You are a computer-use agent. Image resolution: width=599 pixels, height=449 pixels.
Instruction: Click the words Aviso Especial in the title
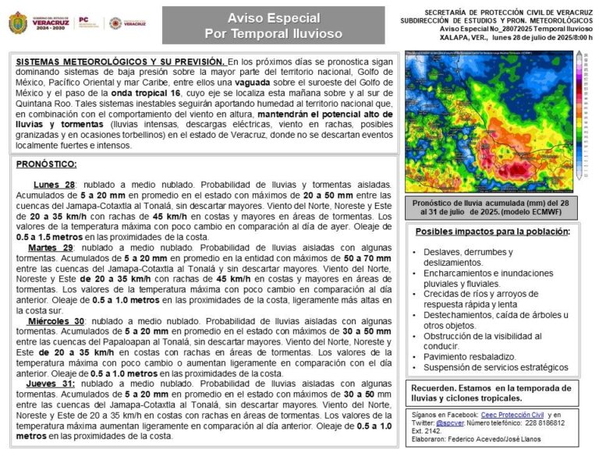coord(273,17)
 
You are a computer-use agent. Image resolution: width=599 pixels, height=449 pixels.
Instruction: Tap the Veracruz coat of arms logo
coord(17,23)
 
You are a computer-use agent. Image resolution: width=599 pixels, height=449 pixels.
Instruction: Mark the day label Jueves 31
coord(51,384)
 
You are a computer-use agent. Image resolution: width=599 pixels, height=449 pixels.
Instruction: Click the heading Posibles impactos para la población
coord(492,232)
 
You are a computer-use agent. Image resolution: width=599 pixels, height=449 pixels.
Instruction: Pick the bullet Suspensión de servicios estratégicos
coord(496,367)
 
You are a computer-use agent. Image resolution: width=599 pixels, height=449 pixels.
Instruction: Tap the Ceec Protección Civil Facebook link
coord(511,415)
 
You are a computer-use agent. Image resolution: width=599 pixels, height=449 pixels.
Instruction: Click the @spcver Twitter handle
coord(449,423)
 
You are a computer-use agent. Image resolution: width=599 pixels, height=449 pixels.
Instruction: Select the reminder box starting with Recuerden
coord(491,393)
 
